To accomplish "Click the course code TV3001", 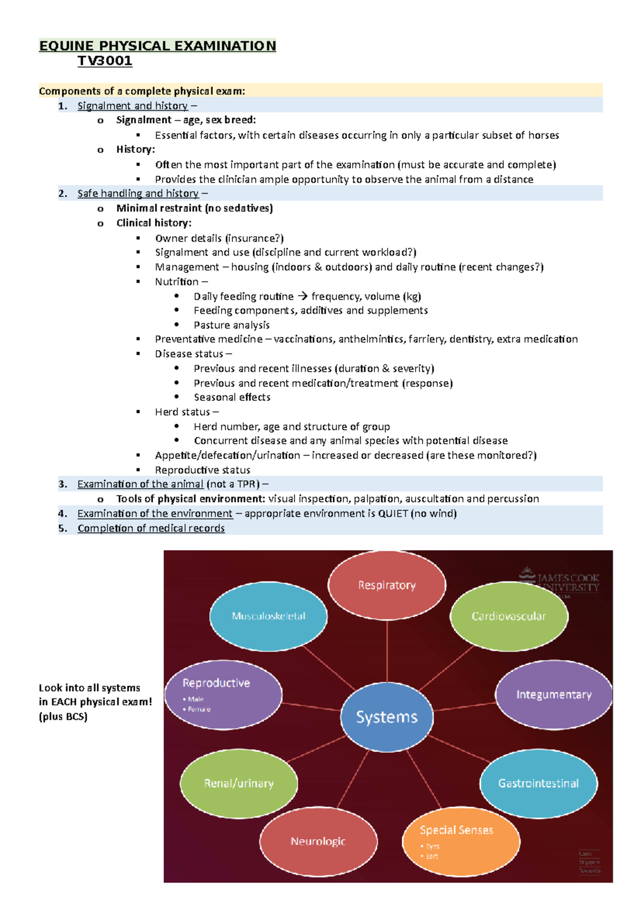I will [x=105, y=61].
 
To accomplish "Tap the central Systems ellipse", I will [x=387, y=717].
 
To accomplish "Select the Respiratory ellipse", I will [x=387, y=585].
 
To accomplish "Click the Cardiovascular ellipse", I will [x=509, y=616].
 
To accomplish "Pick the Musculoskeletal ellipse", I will [x=268, y=616].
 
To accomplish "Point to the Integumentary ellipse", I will [x=553, y=694].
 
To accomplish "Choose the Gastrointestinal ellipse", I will [x=538, y=783].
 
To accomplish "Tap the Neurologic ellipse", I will [x=318, y=841].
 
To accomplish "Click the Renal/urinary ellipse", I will [x=238, y=783].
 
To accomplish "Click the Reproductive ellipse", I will [x=223, y=694].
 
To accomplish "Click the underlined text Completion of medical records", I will [x=151, y=528].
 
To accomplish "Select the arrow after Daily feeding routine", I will [x=302, y=296].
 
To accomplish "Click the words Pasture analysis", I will [x=231, y=325].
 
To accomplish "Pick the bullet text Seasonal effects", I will [x=232, y=397].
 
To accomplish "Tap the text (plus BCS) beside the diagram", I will [x=63, y=717].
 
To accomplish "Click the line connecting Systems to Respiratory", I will [x=387, y=651].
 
